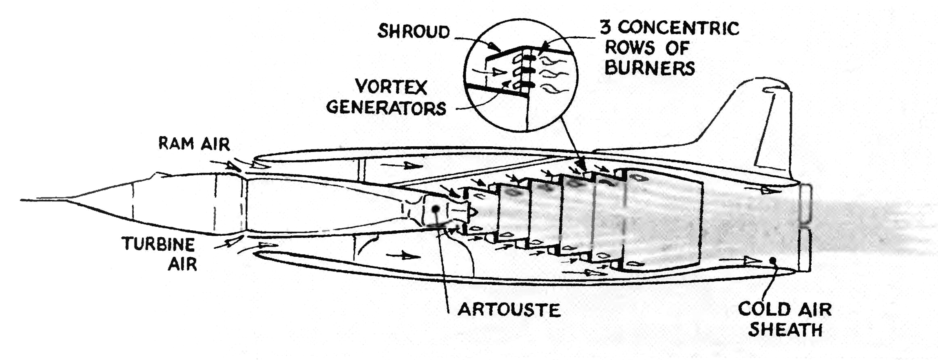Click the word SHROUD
414,31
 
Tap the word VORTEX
392,87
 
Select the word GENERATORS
386,108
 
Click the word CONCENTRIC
678,28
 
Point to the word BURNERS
650,68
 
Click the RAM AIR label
194,144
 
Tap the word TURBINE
159,244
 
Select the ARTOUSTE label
509,310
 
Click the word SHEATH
785,329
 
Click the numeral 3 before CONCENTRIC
606,27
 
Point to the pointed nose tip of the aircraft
21,200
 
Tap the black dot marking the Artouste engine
436,209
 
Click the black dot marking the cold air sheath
772,261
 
